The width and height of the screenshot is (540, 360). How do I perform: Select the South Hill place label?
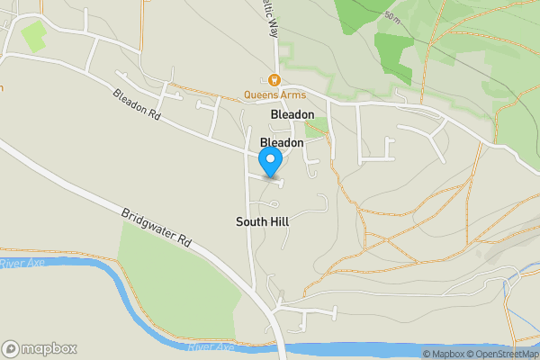(x=263, y=220)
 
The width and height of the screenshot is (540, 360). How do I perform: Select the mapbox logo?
(x=40, y=348)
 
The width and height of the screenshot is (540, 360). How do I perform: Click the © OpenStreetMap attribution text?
(x=502, y=354)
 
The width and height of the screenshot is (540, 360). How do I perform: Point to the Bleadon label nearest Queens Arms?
(x=292, y=115)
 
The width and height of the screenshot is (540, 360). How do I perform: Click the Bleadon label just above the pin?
(x=282, y=142)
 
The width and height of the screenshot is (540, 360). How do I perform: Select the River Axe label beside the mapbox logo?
(x=211, y=346)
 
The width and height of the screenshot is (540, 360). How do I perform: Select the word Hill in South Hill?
(x=278, y=220)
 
